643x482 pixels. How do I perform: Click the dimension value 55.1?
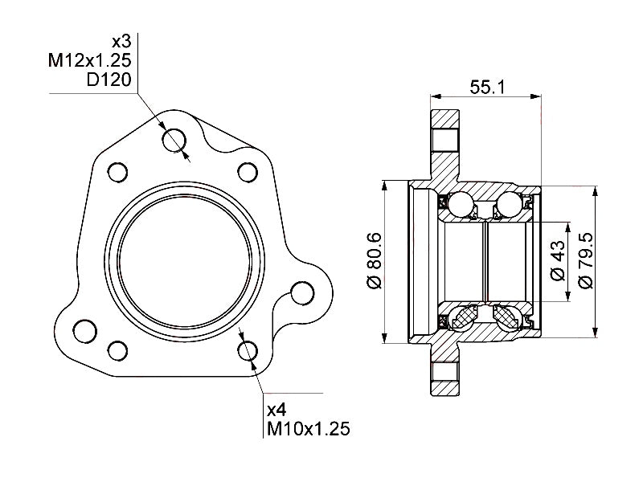487,87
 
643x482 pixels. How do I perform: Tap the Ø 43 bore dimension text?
558,260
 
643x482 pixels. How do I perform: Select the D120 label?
111,80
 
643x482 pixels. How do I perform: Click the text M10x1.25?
309,429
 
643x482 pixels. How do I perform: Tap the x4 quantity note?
277,409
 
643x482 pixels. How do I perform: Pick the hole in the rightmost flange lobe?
302,292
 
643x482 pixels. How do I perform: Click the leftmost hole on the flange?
83,329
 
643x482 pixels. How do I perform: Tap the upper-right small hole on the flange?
248,172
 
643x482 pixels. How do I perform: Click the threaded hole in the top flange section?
444,140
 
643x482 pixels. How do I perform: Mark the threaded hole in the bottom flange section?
444,374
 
